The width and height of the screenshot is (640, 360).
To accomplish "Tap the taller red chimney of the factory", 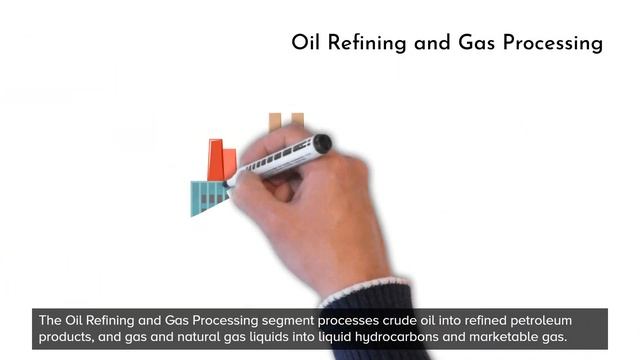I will pos(215,160).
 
